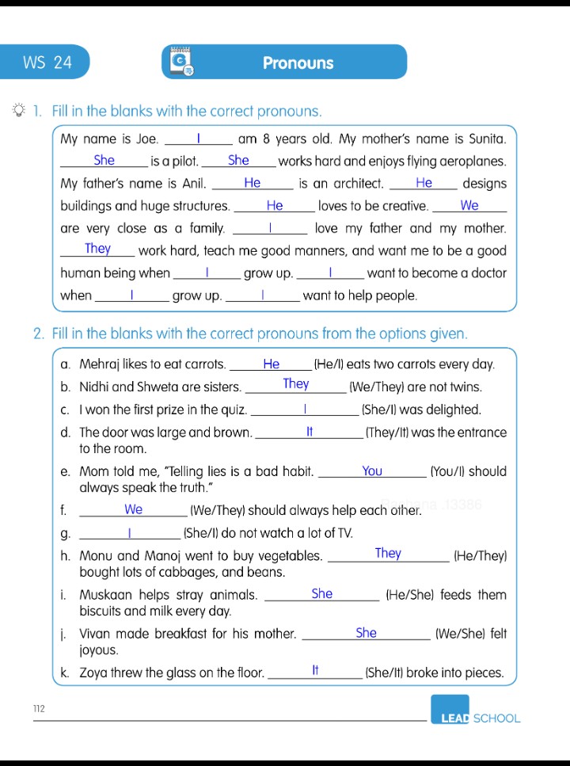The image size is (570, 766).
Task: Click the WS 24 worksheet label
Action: (x=47, y=63)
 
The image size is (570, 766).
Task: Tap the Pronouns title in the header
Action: (x=298, y=63)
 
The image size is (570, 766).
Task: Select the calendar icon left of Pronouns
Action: (x=181, y=63)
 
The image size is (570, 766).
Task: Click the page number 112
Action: (x=39, y=707)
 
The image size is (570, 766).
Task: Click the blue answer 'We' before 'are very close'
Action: (x=469, y=205)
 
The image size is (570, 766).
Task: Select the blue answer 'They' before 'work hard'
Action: (x=97, y=249)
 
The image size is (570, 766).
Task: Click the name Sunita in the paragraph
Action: (x=481, y=139)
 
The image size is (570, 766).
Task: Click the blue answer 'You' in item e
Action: (x=372, y=471)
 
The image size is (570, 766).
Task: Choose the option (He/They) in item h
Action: (x=480, y=556)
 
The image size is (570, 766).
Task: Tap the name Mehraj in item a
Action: (x=101, y=365)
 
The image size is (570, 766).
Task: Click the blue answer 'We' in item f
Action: (x=134, y=509)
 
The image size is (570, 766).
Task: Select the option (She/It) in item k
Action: (x=386, y=673)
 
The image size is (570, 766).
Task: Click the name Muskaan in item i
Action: (x=105, y=595)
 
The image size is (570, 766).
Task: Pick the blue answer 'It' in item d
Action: (x=310, y=432)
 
